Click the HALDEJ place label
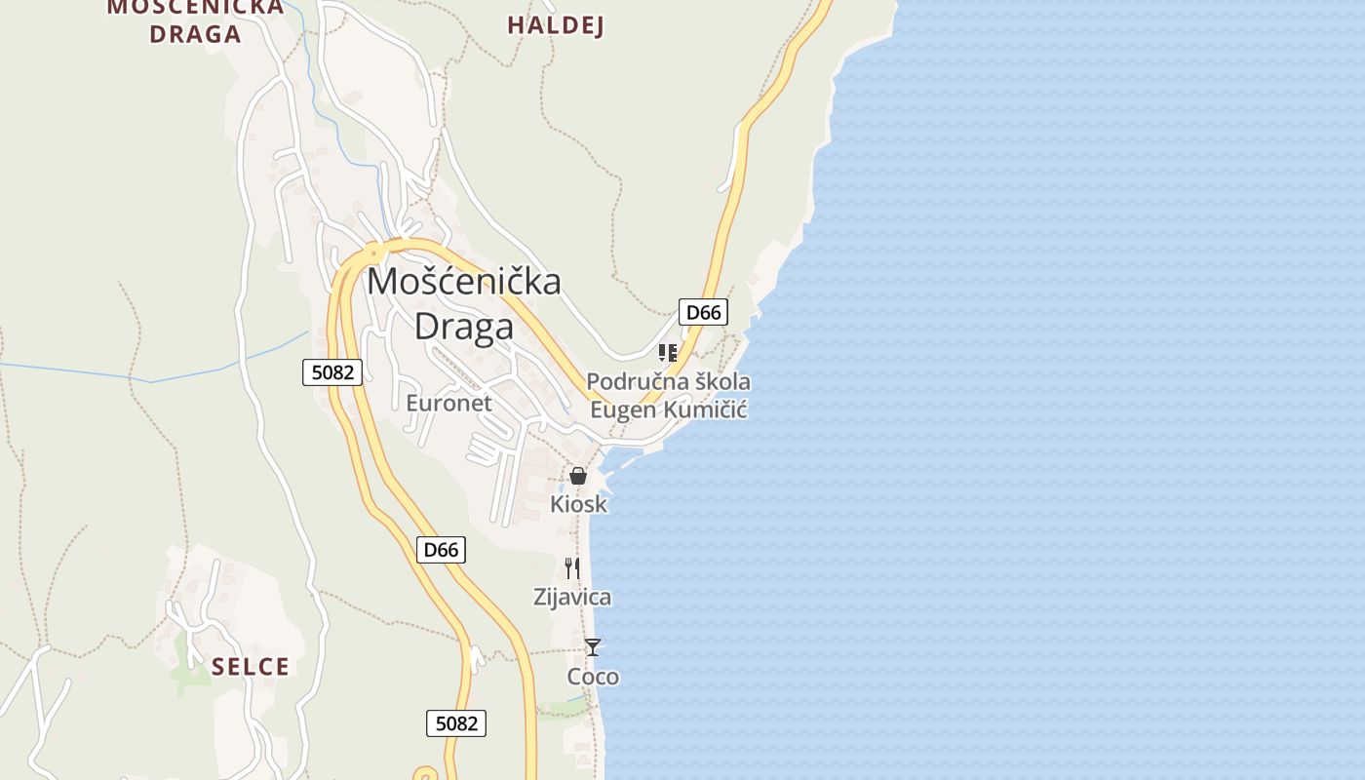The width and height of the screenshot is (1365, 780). pyautogui.click(x=555, y=25)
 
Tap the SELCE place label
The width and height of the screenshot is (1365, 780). pyautogui.click(x=251, y=667)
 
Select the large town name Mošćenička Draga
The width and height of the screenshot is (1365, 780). pyautogui.click(x=464, y=303)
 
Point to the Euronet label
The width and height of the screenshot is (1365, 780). pyautogui.click(x=448, y=403)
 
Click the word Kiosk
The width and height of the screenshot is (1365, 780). pyautogui.click(x=578, y=504)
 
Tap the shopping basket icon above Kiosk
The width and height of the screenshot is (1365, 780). pyautogui.click(x=578, y=476)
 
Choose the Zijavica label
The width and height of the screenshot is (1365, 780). pyautogui.click(x=572, y=597)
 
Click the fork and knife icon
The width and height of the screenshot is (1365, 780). pyautogui.click(x=572, y=567)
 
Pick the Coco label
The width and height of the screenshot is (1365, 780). pyautogui.click(x=593, y=677)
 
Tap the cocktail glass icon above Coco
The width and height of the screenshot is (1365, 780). pyautogui.click(x=593, y=646)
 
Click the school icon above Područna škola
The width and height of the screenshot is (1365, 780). pyautogui.click(x=668, y=352)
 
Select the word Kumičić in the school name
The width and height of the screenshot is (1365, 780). pyautogui.click(x=706, y=409)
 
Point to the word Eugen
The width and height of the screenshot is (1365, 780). pyautogui.click(x=622, y=409)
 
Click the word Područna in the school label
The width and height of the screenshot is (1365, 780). pyautogui.click(x=630, y=381)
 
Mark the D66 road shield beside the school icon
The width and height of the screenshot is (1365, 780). pyautogui.click(x=703, y=312)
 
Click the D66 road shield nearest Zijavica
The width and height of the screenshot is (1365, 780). pyautogui.click(x=441, y=550)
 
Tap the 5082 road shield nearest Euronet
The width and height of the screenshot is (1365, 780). pyautogui.click(x=332, y=371)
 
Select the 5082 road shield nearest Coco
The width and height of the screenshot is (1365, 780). pyautogui.click(x=456, y=723)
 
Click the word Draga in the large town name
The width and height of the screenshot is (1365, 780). pyautogui.click(x=464, y=327)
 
